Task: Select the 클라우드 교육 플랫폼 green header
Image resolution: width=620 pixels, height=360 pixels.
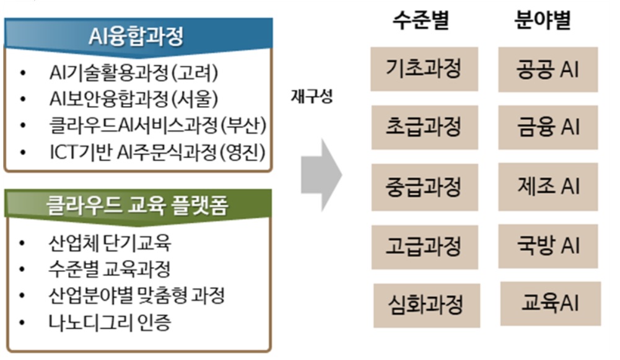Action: (x=138, y=206)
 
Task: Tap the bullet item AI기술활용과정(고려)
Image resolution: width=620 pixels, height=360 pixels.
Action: (x=134, y=72)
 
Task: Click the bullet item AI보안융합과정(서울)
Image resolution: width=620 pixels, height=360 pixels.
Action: (x=134, y=99)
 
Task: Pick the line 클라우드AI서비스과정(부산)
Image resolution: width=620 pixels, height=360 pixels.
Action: (x=158, y=125)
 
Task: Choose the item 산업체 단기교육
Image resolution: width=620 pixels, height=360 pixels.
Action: (x=110, y=243)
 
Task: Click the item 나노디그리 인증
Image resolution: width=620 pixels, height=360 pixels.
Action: (x=110, y=322)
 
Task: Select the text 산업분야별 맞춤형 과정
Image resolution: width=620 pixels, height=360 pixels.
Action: (x=136, y=296)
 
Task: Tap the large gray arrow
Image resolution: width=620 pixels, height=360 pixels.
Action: (x=321, y=175)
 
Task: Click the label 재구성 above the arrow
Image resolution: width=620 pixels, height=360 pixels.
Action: (x=312, y=96)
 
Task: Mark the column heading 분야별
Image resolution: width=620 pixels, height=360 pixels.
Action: (x=543, y=20)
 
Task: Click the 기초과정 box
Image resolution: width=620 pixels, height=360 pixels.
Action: (x=424, y=69)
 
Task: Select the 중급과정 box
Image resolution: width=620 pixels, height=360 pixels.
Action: (x=425, y=187)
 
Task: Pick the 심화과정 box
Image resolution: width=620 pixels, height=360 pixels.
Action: (x=427, y=305)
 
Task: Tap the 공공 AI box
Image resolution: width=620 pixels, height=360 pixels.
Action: (x=548, y=69)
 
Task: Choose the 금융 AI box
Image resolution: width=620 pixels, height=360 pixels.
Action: (x=548, y=127)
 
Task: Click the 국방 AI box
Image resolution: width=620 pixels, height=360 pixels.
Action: (x=548, y=245)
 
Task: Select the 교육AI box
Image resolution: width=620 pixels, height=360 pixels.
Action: (x=551, y=304)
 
